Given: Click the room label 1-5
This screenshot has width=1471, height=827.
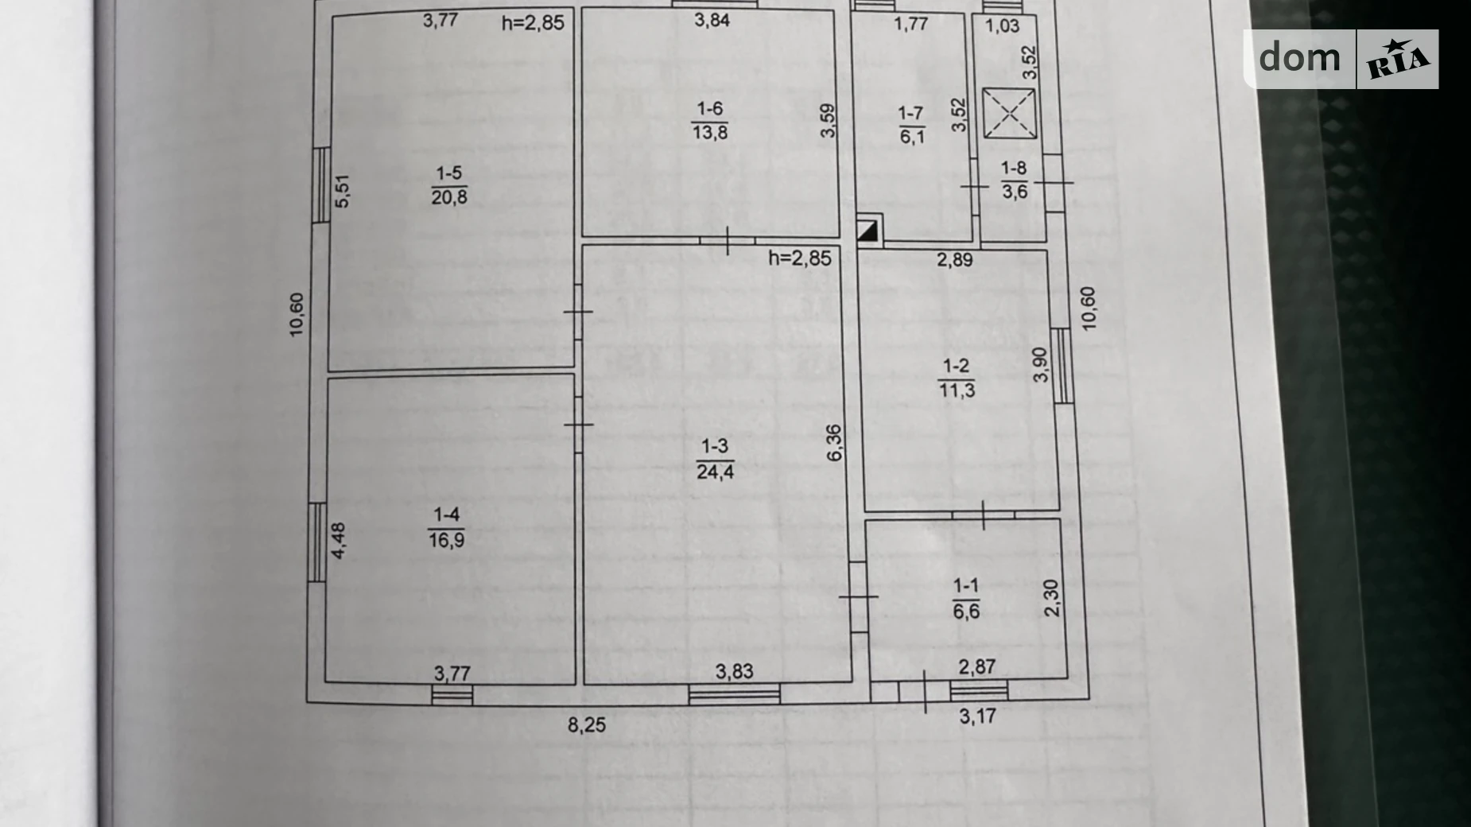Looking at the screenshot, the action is click(448, 173).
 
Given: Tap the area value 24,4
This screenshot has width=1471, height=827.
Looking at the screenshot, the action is click(715, 472).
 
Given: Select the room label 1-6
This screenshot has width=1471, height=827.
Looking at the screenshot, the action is click(709, 109).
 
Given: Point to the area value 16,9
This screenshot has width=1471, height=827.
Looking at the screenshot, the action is click(447, 540).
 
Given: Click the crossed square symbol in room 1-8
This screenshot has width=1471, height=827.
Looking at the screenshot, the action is click(1009, 113).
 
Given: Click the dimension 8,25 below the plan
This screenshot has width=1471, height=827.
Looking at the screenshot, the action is click(586, 724).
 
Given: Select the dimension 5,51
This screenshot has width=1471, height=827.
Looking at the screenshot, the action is click(342, 191).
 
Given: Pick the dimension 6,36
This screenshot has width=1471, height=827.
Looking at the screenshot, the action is click(834, 443).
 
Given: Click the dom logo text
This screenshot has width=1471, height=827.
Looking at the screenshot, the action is click(1299, 57).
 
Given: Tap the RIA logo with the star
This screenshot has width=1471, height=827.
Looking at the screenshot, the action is click(1398, 60).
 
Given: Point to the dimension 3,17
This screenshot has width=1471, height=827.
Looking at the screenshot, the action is click(977, 716).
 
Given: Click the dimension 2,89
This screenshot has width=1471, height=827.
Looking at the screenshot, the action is click(954, 259).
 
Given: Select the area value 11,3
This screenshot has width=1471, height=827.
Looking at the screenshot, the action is click(957, 390).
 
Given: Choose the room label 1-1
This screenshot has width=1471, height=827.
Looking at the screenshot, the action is click(966, 587).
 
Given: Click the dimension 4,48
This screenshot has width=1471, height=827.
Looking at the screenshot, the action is click(339, 541).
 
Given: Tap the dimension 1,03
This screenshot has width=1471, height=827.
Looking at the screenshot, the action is click(1002, 25).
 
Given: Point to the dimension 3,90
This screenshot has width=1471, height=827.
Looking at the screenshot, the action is click(1041, 365).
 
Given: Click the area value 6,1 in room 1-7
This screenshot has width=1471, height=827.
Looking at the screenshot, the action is click(912, 137).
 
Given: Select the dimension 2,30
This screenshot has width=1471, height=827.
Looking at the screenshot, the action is click(1052, 598).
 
